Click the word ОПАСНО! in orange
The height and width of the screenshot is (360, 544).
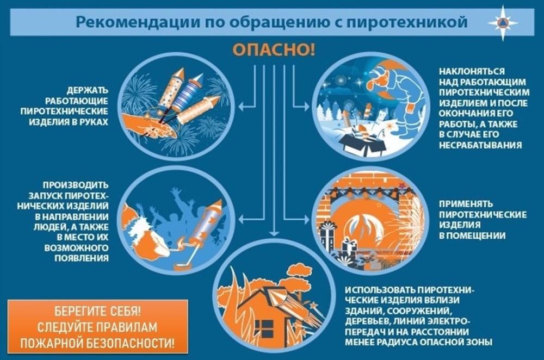pos(274,50)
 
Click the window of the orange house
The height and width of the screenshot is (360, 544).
pos(265,327)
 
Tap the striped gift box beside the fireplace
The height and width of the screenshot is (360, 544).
pos(328,234)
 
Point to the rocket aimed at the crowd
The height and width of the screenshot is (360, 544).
pos(207,223)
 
